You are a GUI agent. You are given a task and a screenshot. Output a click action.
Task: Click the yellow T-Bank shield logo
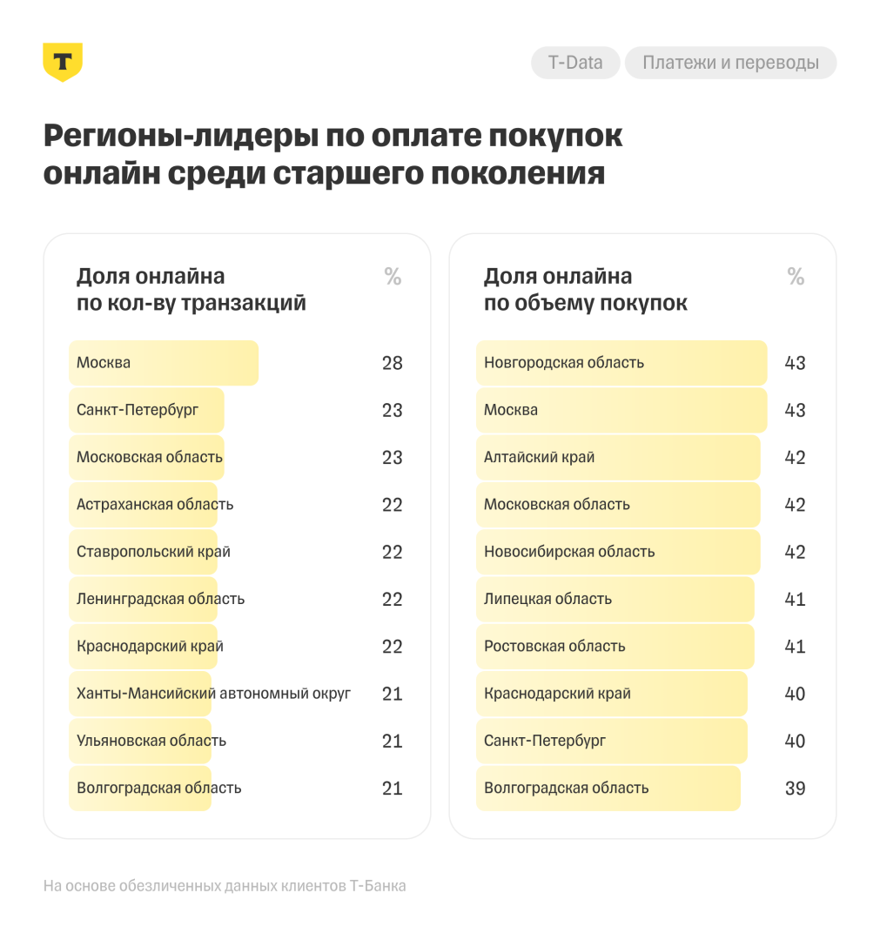(63, 62)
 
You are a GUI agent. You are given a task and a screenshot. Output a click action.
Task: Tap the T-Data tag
(575, 63)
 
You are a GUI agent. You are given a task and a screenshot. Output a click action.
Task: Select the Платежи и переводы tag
(730, 63)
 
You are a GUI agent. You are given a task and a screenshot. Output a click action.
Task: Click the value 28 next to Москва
(393, 363)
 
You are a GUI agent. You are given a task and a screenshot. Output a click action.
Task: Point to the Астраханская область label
(155, 505)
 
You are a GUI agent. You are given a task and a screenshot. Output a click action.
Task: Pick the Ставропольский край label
(153, 552)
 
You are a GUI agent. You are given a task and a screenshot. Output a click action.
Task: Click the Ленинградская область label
(160, 599)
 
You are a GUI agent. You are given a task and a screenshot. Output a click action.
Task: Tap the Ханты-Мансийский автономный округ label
(213, 694)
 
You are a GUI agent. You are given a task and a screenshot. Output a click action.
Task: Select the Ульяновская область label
(151, 741)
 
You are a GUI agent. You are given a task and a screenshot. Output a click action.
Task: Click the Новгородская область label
(564, 363)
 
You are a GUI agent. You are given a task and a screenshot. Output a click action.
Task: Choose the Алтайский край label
(540, 457)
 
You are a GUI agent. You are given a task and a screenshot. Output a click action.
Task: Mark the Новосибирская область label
(569, 552)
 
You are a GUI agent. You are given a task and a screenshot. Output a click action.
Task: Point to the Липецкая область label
(547, 599)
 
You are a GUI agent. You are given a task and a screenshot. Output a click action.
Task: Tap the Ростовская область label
(554, 646)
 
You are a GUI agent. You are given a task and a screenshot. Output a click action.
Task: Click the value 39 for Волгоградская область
(795, 789)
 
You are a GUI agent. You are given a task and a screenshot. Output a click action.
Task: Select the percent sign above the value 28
(393, 278)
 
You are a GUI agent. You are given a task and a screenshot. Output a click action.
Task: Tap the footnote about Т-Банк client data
(225, 886)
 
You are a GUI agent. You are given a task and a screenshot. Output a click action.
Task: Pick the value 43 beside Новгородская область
(795, 363)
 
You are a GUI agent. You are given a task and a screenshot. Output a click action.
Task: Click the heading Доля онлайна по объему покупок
(586, 290)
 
